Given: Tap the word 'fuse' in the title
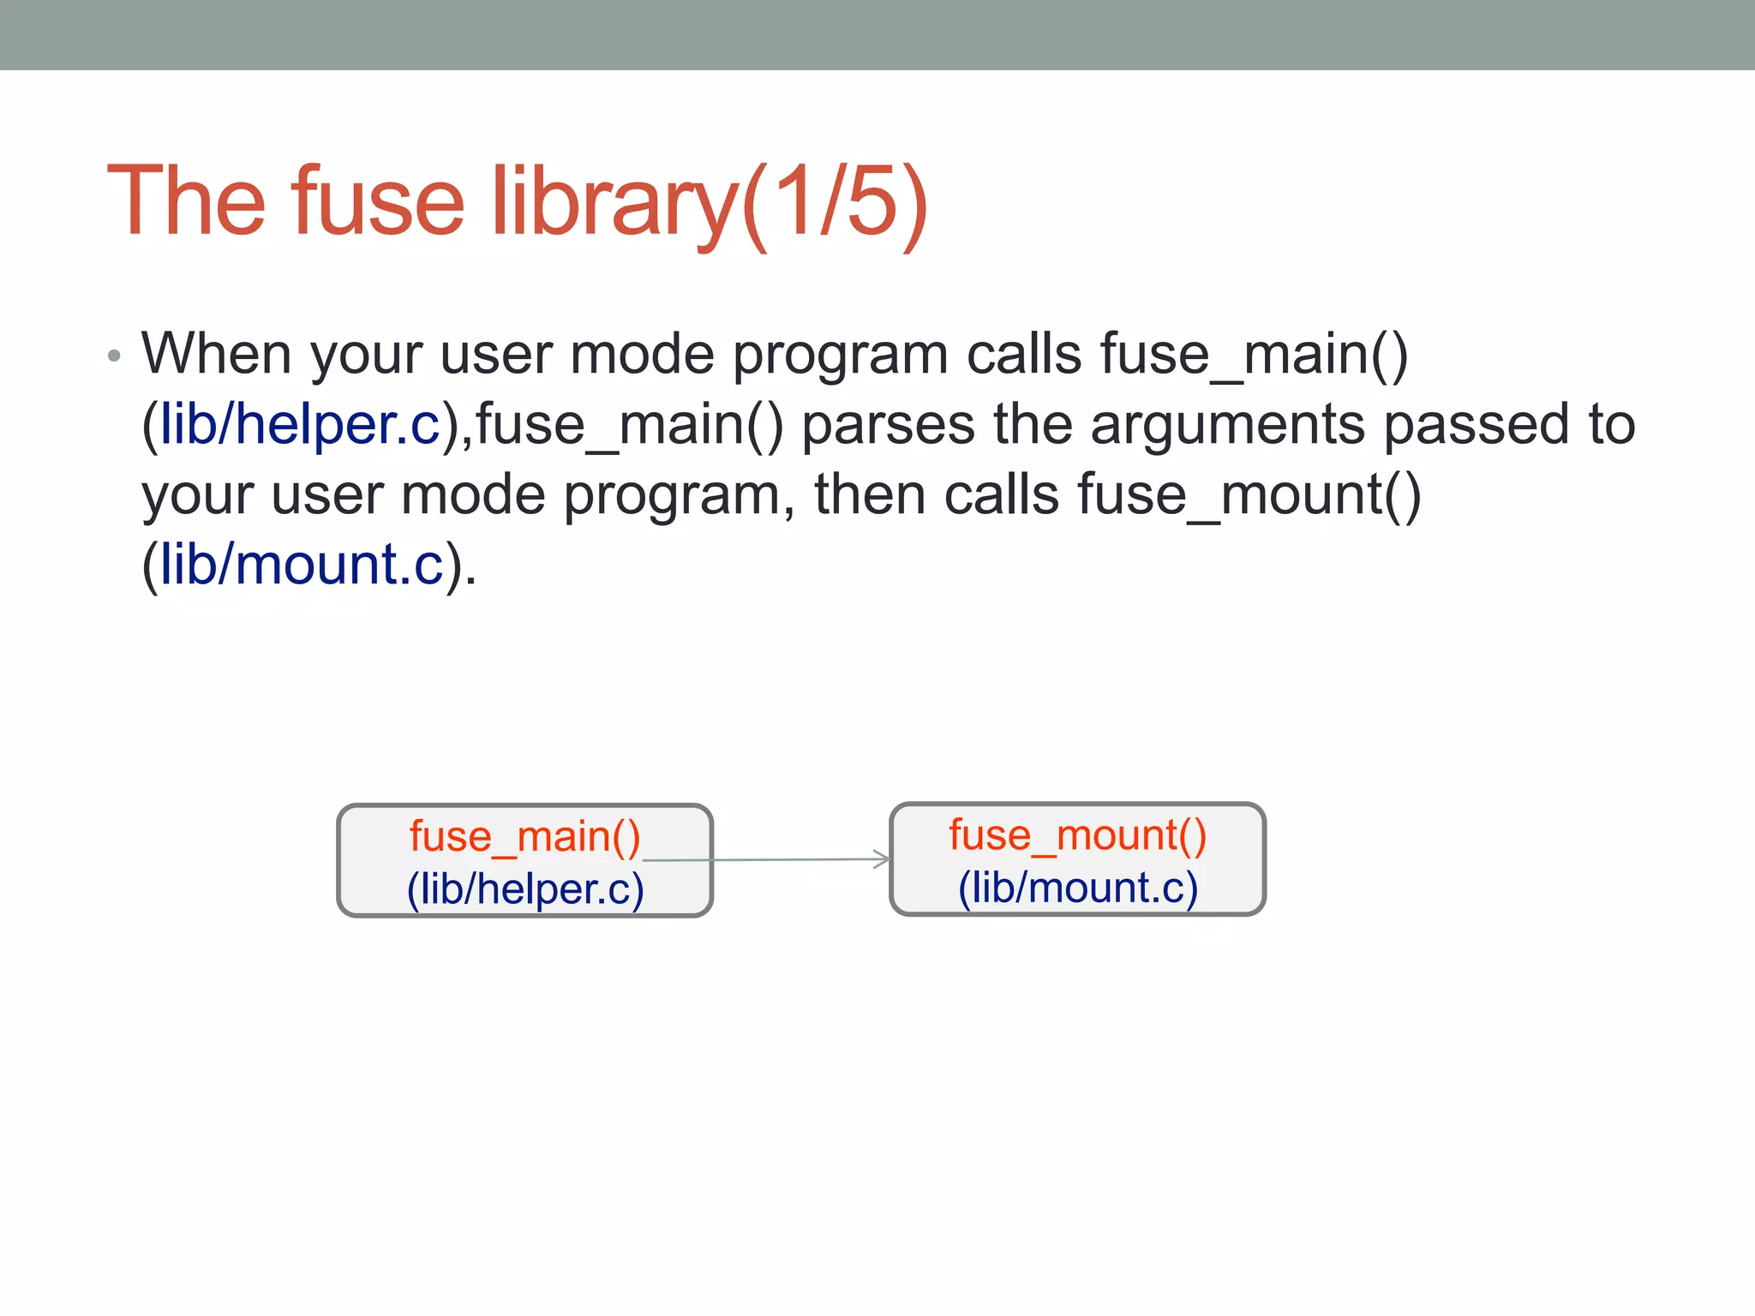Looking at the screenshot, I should [377, 202].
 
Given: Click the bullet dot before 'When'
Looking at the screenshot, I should [114, 356].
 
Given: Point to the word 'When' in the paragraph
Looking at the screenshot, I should [216, 354].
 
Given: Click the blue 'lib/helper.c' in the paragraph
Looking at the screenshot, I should [300, 425].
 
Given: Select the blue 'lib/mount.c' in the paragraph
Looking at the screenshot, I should [302, 565].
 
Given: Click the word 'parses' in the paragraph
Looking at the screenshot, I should [888, 425].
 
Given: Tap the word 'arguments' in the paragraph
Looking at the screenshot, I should [1227, 425].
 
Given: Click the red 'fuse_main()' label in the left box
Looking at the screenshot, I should [524, 836].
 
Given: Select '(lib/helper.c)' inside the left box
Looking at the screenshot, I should [525, 888].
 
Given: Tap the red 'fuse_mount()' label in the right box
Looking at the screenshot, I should [1077, 834].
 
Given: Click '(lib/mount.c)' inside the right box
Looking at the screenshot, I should [1077, 887].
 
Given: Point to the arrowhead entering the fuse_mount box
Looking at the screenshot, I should [883, 859].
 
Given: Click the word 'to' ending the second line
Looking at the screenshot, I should [1611, 425].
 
